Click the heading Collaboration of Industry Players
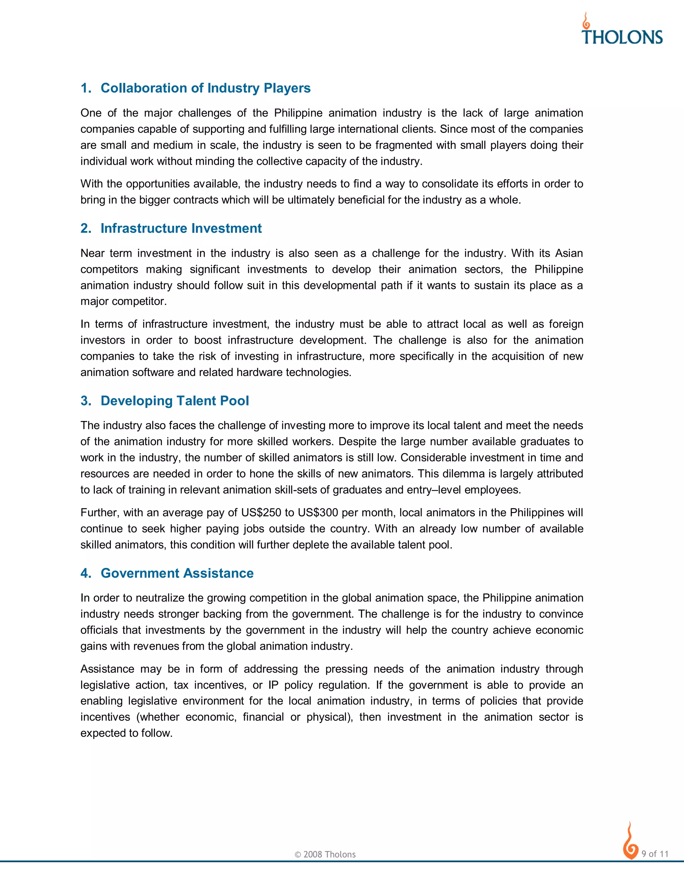pos(205,88)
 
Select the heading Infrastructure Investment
pos(181,228)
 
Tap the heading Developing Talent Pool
pos(175,400)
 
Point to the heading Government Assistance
pos(177,573)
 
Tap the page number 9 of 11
pos(655,854)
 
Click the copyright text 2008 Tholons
pos(325,854)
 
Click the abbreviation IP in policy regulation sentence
pos(273,685)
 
